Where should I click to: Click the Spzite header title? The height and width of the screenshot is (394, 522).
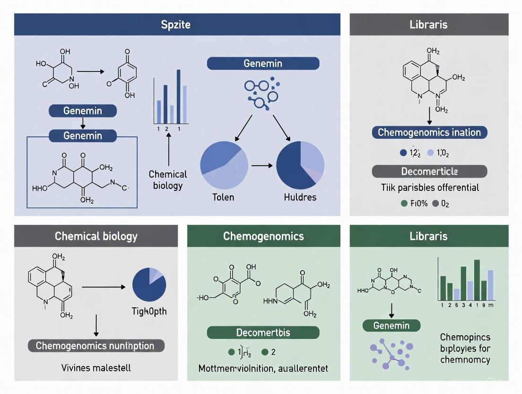[176, 25]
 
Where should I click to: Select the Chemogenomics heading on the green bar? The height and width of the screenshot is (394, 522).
[263, 236]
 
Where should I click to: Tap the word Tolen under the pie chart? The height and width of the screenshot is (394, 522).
[223, 197]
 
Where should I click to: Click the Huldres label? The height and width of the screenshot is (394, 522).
[300, 197]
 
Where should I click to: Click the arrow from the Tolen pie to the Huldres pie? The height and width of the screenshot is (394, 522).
[262, 166]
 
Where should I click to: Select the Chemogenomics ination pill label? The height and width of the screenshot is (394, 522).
[429, 132]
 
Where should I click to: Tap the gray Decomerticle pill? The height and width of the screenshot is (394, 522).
[429, 171]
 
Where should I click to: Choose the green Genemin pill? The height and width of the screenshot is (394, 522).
[392, 325]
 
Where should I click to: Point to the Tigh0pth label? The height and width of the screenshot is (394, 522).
[149, 311]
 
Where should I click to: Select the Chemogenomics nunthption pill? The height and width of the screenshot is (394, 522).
[95, 346]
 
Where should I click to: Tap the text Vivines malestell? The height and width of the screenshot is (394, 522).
[95, 367]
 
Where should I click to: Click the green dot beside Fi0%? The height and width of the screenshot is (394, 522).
[404, 203]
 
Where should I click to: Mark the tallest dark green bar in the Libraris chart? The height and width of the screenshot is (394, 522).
[477, 279]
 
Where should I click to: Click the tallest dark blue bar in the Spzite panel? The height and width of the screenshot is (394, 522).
[178, 96]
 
